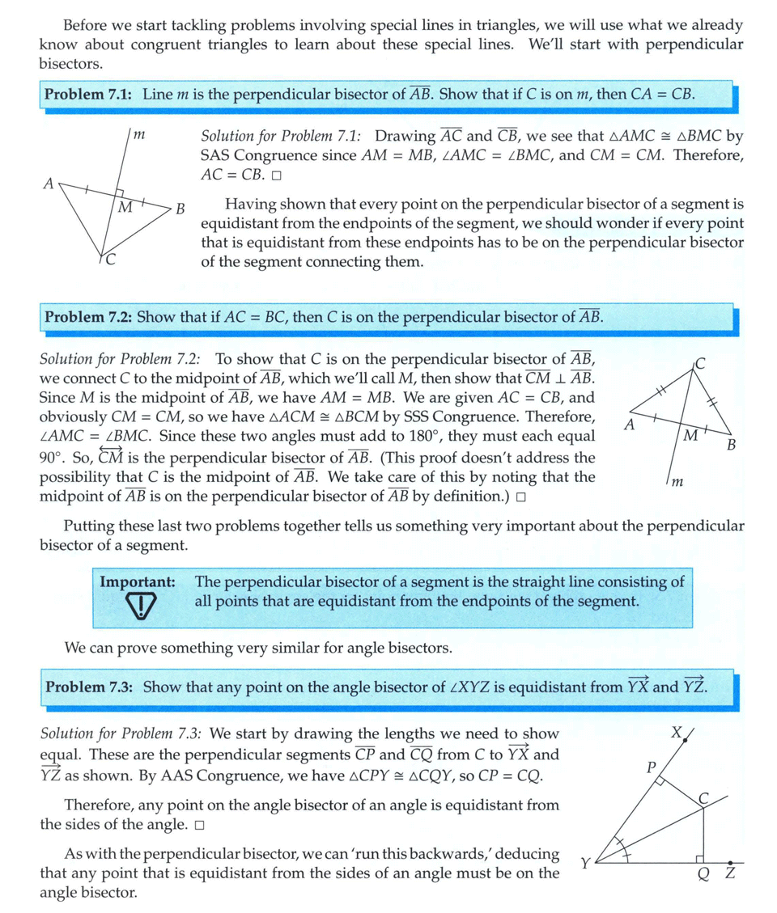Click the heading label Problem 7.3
[90, 687]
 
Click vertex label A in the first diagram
[48, 184]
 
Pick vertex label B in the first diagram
[181, 209]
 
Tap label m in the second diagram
[679, 482]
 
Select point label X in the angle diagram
[677, 733]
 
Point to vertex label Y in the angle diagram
[585, 864]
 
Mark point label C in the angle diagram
[704, 798]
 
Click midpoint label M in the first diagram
[125, 208]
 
